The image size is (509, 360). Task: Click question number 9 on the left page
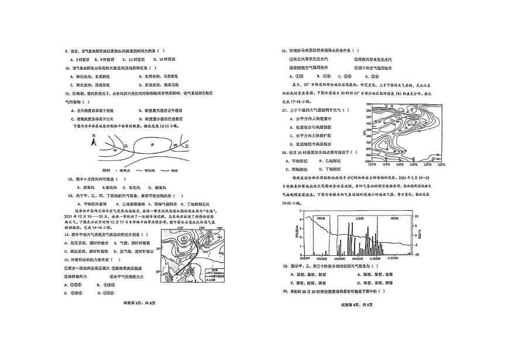click(67, 51)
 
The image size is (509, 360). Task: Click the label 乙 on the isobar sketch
click(125, 144)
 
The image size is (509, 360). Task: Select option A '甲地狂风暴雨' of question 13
click(85, 203)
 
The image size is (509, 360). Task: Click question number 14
click(67, 234)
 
